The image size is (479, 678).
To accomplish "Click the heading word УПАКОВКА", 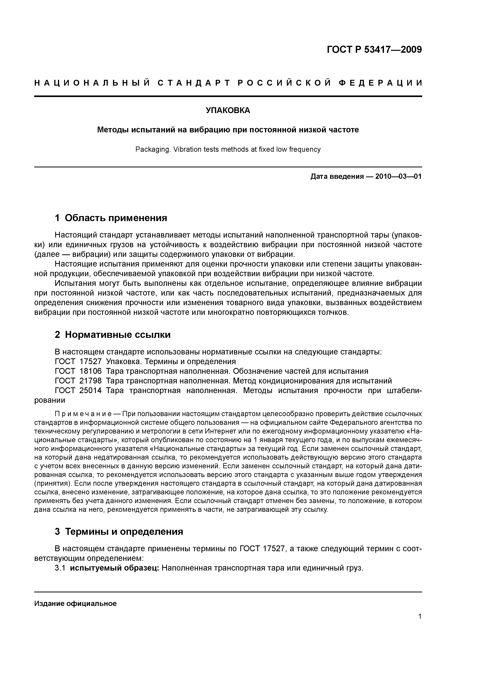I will tap(228, 110).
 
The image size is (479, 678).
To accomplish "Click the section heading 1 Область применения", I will tap(111, 218).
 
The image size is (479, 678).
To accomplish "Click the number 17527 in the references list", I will tap(91, 361).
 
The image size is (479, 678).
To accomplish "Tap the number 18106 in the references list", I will tap(91, 371).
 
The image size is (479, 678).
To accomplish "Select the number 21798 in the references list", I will tap(91, 381).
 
